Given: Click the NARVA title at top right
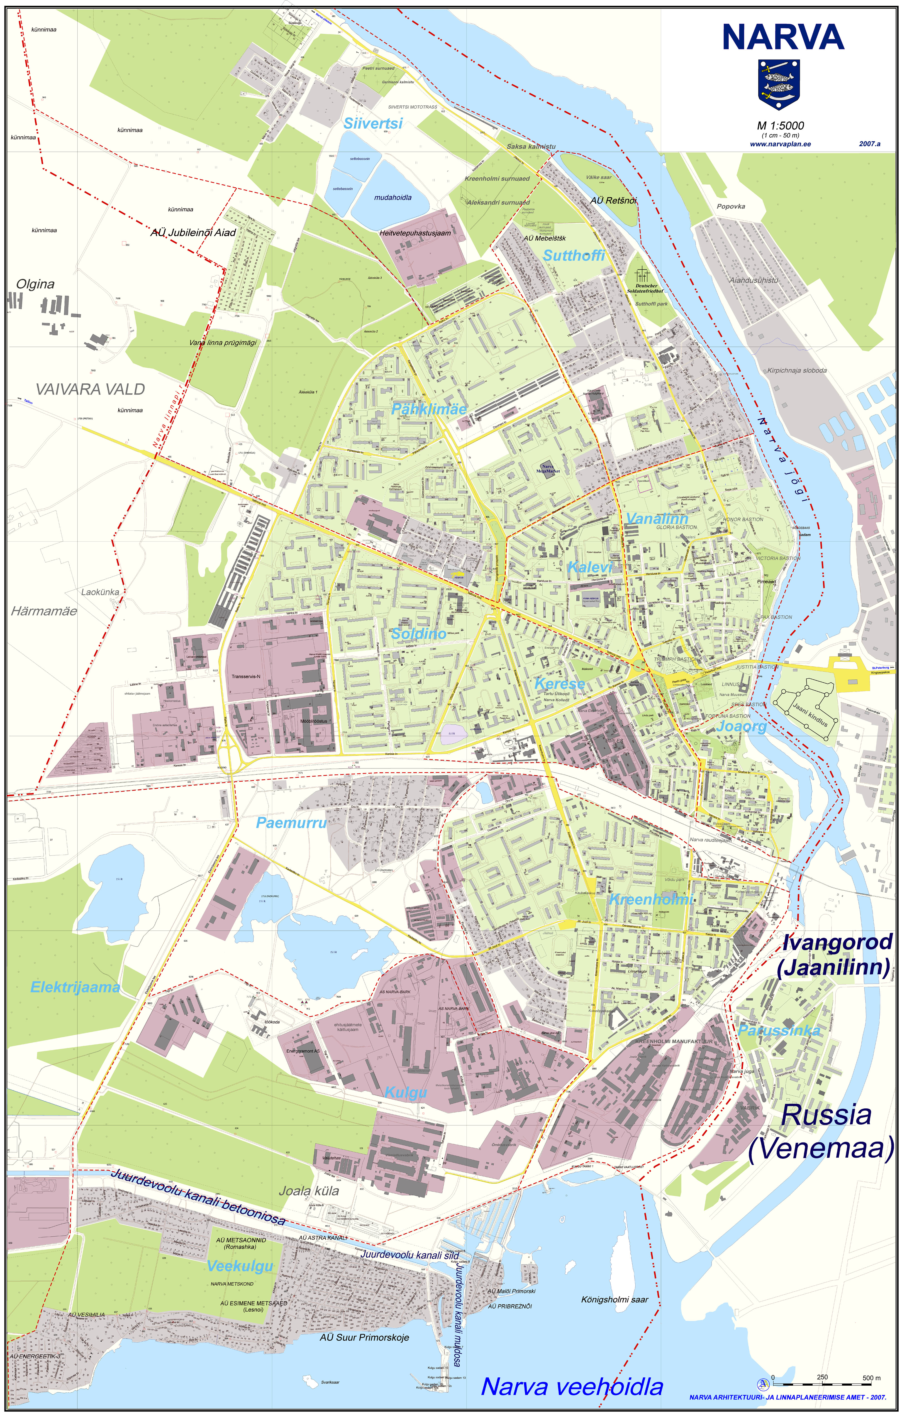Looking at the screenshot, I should click(783, 37).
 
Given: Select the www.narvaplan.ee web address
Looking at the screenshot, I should click(780, 144).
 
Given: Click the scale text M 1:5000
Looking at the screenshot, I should click(780, 125).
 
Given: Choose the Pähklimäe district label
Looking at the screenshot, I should click(429, 409).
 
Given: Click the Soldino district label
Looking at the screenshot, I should click(419, 634).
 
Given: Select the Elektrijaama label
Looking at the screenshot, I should click(75, 987).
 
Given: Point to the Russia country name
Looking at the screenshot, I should click(826, 1115).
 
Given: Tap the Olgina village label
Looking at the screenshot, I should click(35, 284).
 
